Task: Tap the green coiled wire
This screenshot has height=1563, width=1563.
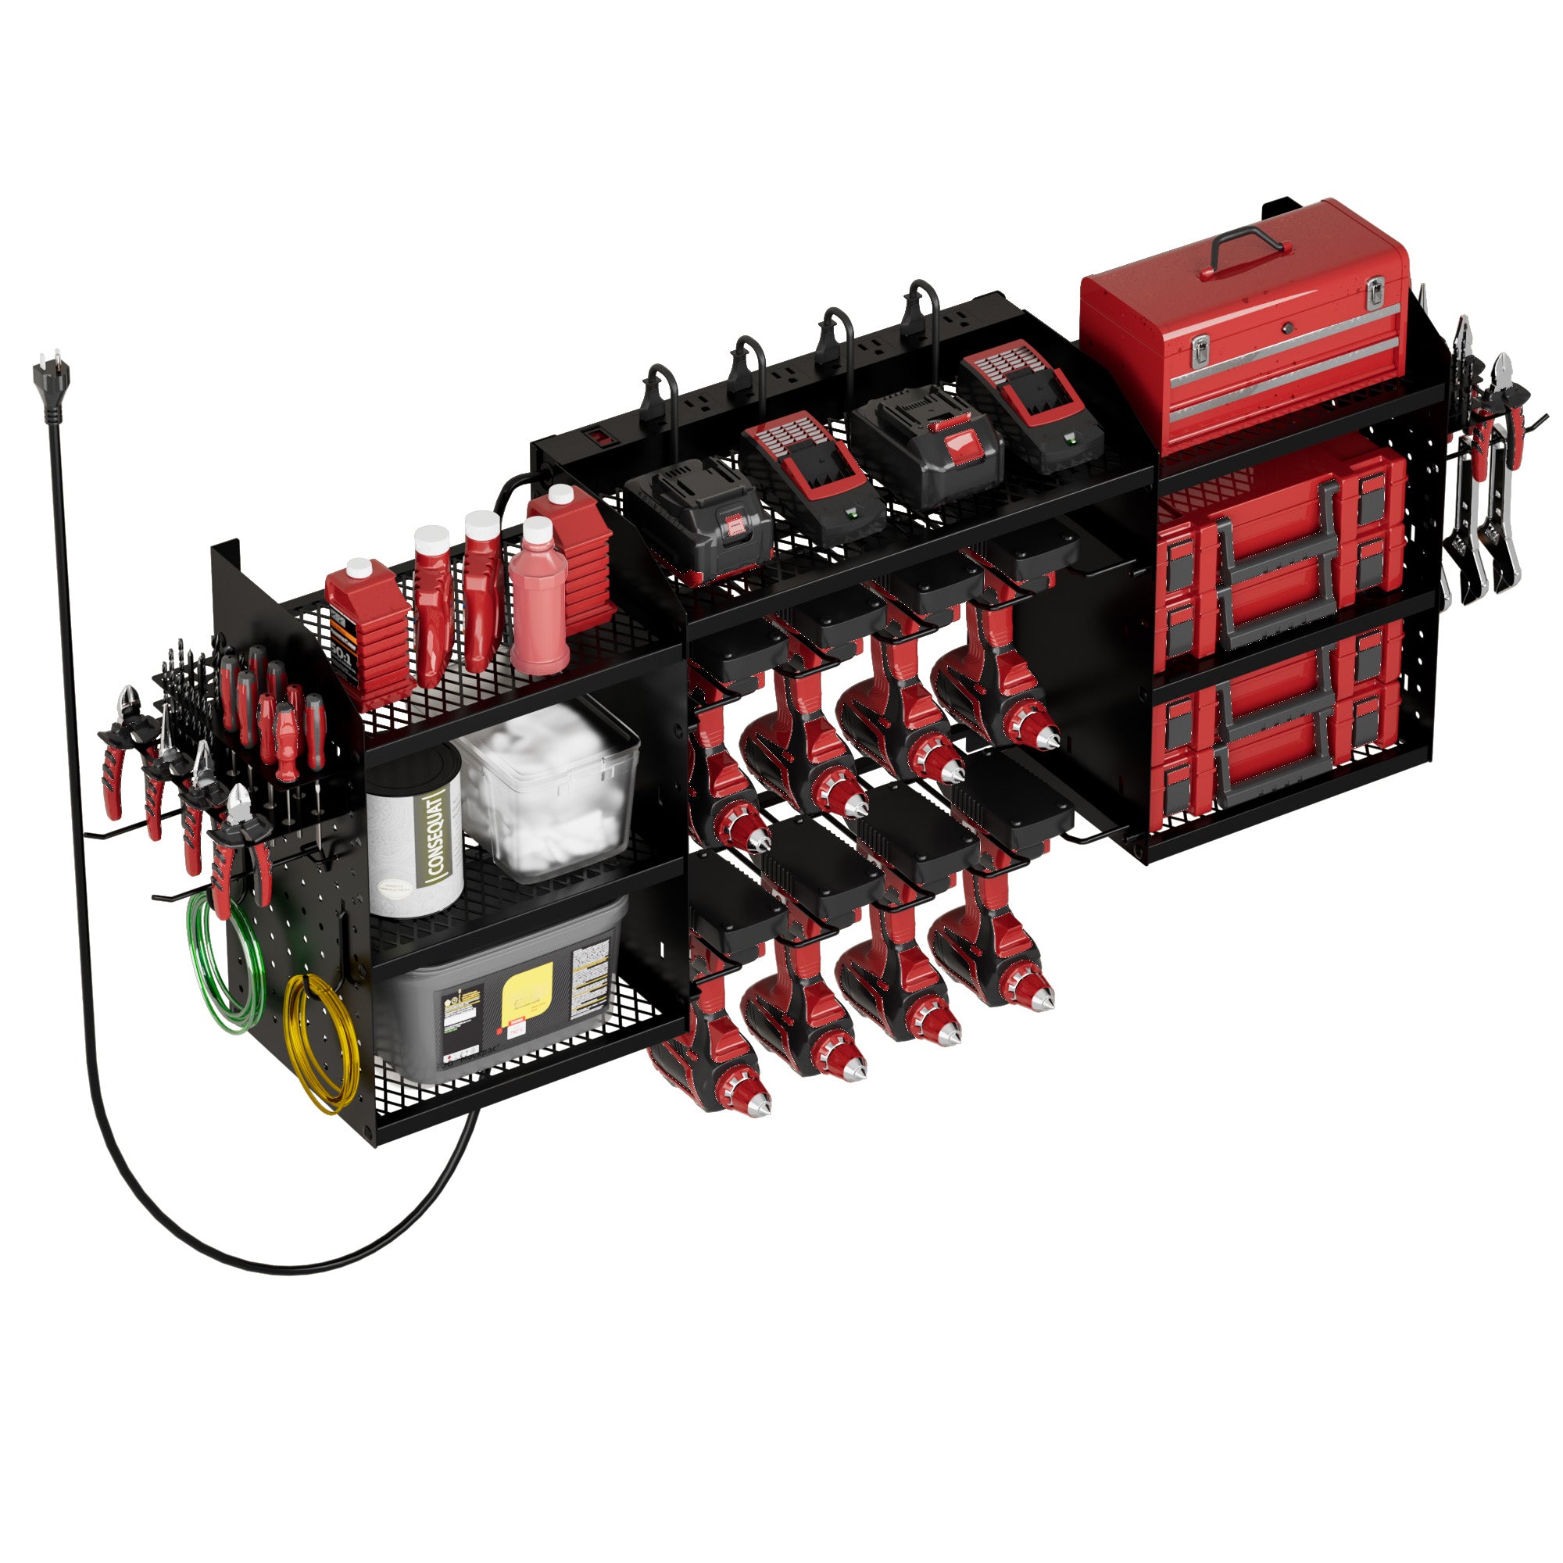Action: click(x=227, y=963)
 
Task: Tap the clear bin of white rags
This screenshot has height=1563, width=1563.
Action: click(x=550, y=789)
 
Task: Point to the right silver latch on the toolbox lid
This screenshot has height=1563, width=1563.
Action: click(x=1375, y=292)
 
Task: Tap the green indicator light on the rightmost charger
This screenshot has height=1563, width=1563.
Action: click(x=1072, y=439)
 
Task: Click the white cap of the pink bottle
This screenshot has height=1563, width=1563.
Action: click(x=536, y=531)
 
